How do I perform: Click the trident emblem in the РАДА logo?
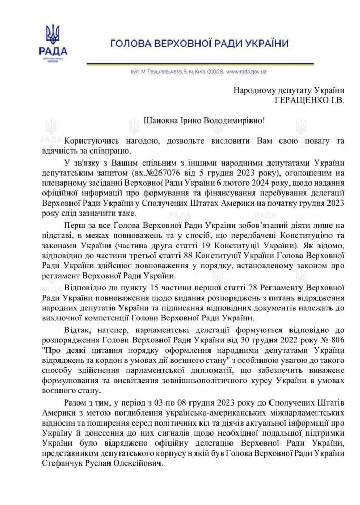pos(53,33)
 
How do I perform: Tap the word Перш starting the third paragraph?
pos(74,221)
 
